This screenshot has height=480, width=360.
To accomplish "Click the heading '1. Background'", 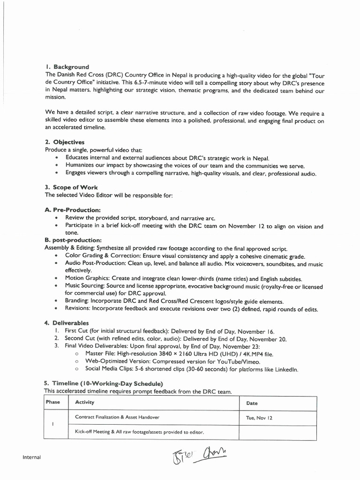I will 67,67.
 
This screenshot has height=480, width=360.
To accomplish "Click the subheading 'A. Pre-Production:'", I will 73,210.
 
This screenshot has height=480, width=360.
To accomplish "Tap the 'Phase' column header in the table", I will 53,402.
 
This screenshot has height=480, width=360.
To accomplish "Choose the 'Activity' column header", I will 84,402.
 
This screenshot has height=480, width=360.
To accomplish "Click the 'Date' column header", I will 252,403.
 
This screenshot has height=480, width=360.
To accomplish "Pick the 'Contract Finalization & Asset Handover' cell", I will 117,417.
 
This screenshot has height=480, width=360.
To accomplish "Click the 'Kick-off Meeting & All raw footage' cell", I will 139,432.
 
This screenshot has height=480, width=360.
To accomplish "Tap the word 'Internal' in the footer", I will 31,457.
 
